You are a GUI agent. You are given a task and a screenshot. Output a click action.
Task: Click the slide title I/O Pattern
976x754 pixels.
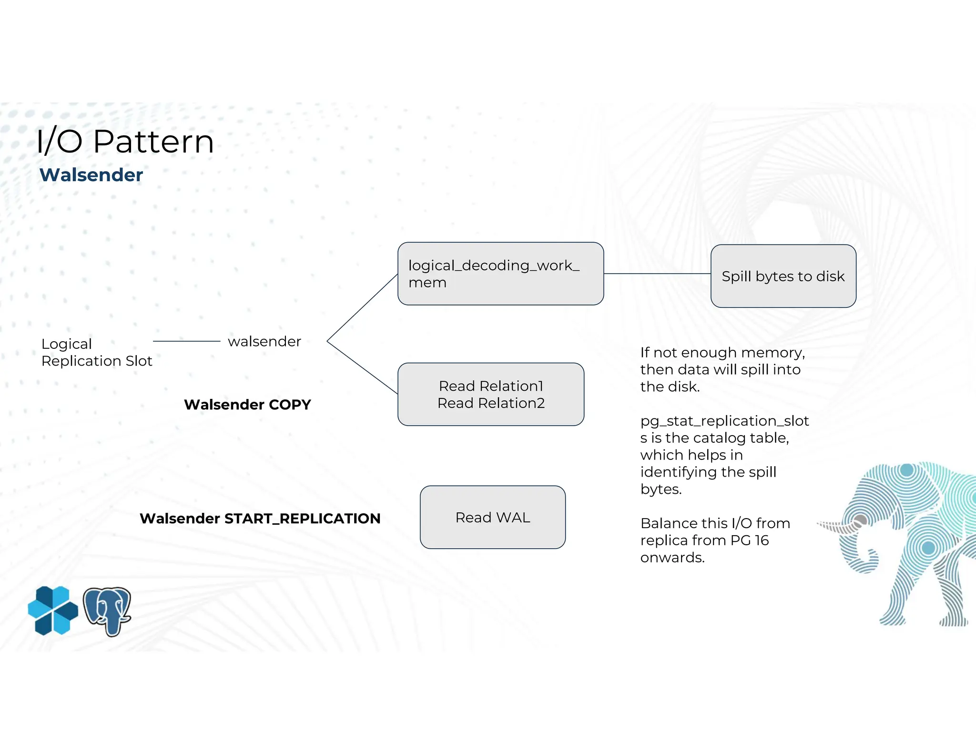pos(125,142)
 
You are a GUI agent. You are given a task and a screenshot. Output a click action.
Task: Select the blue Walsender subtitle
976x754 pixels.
pos(91,175)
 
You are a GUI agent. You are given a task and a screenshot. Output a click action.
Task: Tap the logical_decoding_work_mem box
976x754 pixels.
pos(500,274)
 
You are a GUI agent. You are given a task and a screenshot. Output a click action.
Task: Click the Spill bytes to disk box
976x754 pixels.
pos(783,276)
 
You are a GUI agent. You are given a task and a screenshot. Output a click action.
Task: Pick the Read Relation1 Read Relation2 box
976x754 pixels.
pos(490,394)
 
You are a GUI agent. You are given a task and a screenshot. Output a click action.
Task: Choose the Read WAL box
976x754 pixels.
pos(492,517)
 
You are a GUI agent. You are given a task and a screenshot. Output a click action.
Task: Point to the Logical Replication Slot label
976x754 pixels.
pos(96,352)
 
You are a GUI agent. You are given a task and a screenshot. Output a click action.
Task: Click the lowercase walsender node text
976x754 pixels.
pos(264,341)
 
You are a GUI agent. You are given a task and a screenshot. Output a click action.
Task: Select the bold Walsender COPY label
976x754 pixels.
pos(247,404)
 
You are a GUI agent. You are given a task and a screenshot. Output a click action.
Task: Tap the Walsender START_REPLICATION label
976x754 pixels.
pos(260,518)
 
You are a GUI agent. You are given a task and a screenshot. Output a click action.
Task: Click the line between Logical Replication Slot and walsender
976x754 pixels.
pos(186,341)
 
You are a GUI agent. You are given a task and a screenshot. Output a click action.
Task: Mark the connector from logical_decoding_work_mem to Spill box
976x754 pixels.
pos(657,274)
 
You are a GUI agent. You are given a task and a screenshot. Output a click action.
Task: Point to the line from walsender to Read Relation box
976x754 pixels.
pos(362,367)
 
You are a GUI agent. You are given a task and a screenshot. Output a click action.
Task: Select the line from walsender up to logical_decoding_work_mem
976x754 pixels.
pos(362,307)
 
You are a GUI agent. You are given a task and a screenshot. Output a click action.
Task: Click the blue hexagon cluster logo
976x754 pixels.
pos(53,611)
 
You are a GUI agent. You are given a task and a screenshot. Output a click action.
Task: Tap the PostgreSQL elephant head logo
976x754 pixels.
pos(107,611)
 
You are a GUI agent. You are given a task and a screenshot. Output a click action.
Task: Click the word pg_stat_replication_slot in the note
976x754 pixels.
pos(724,421)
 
